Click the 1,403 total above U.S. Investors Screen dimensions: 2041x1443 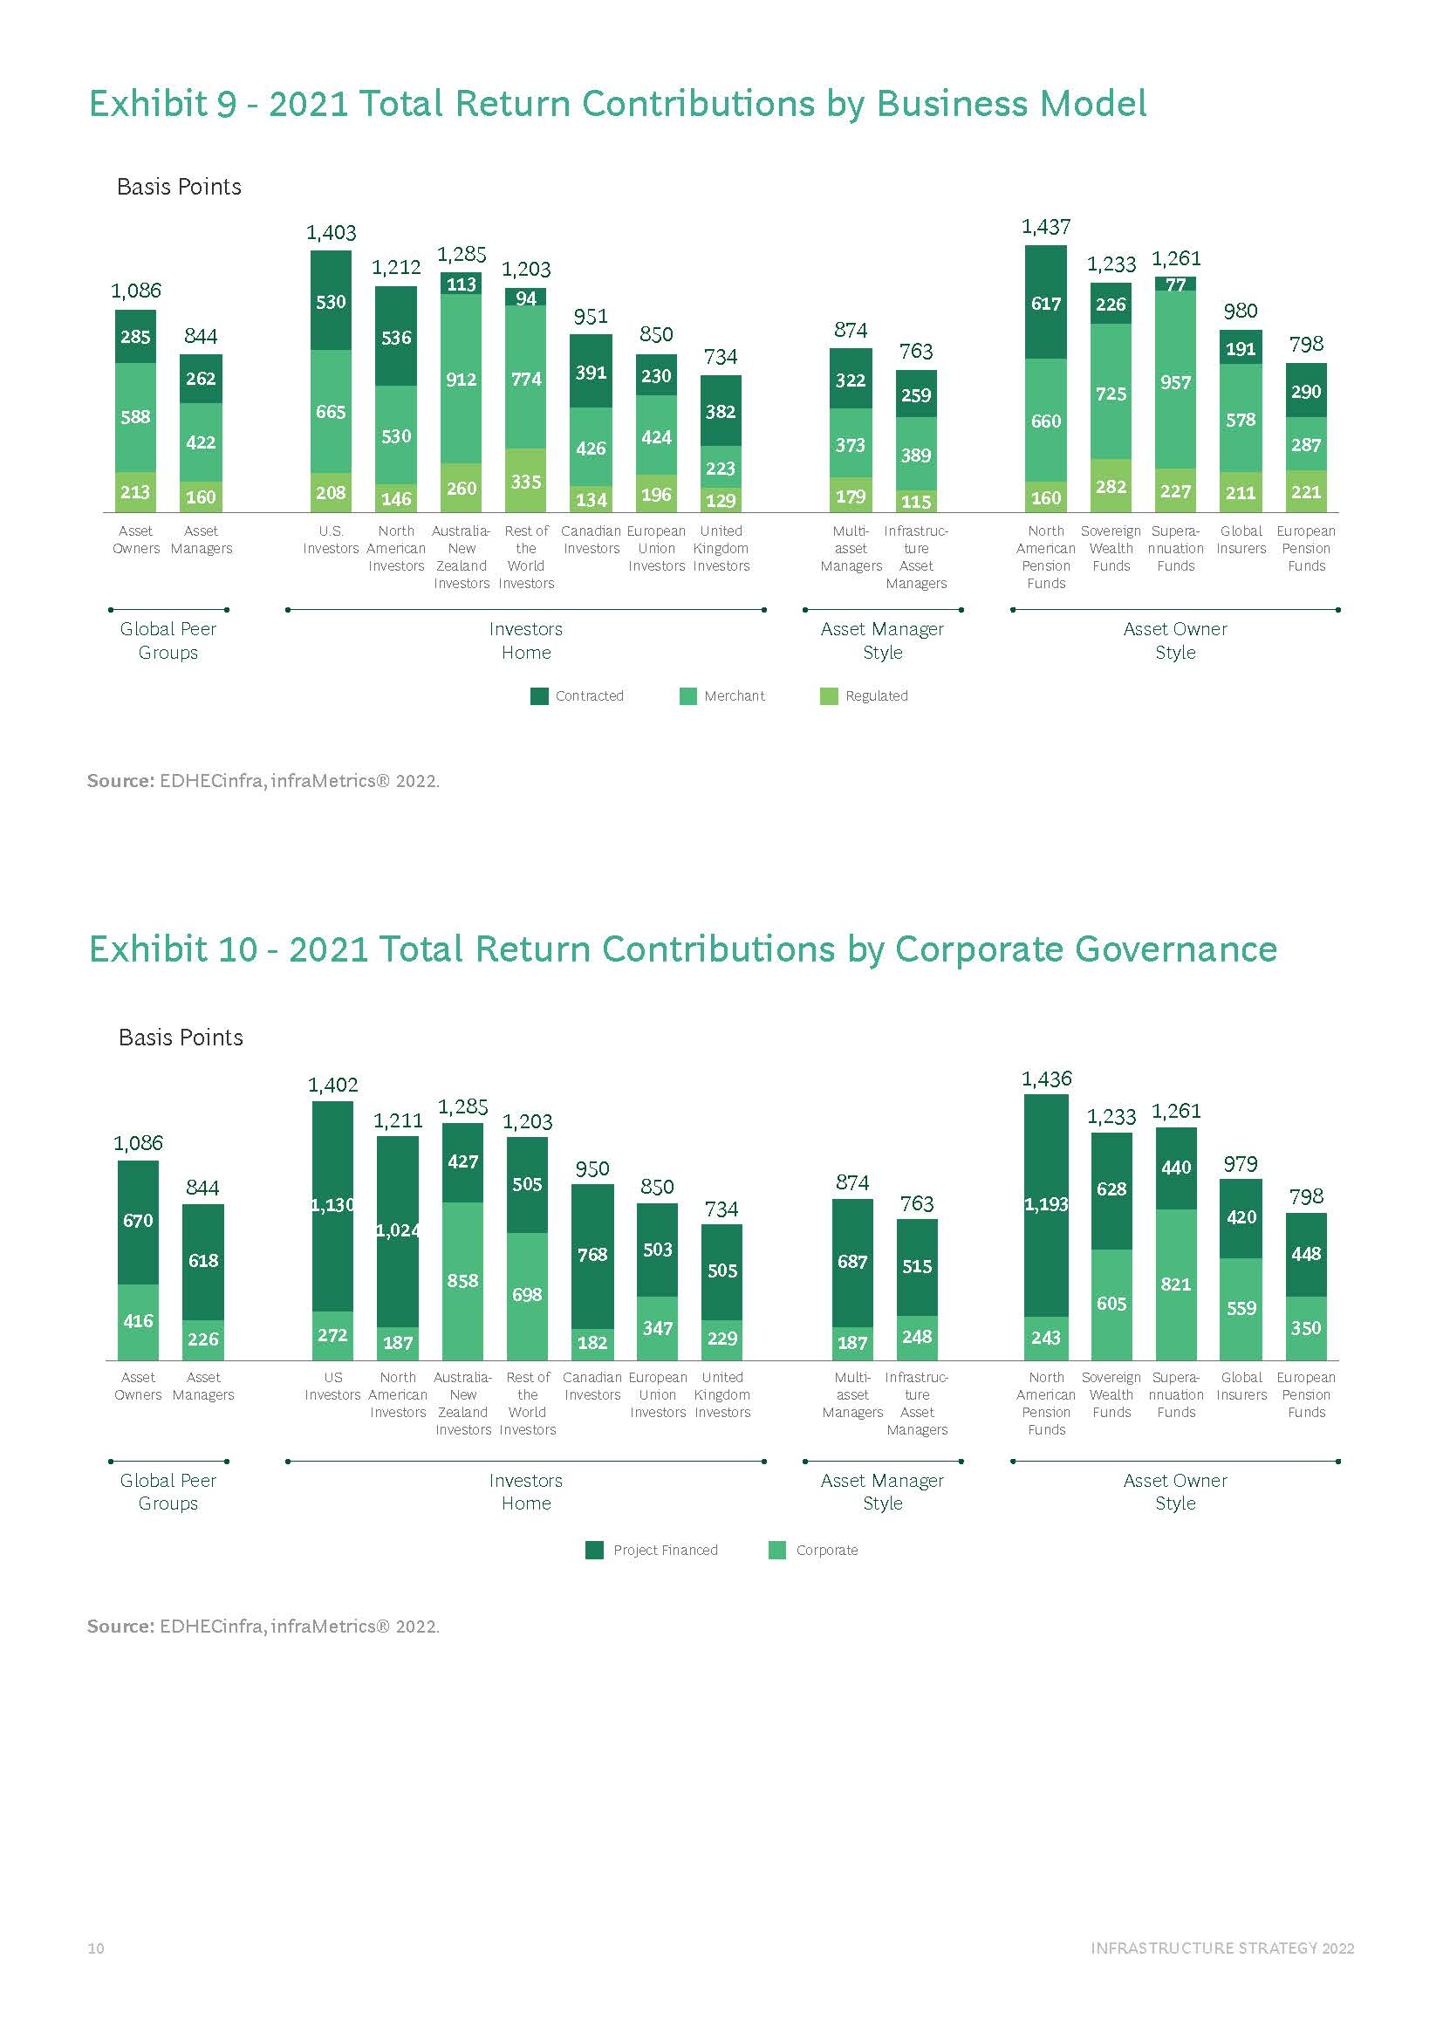(x=331, y=233)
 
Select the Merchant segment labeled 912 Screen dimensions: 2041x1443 (x=462, y=379)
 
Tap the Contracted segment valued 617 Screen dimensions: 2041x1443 (x=1046, y=303)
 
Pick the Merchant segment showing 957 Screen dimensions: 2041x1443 (x=1175, y=381)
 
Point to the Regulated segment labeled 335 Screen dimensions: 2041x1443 (x=526, y=481)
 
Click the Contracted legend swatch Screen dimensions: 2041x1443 (x=539, y=696)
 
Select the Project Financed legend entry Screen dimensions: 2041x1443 (x=653, y=1550)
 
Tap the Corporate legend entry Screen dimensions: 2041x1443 (x=814, y=1550)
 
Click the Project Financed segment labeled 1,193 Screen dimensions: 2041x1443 (x=1046, y=1204)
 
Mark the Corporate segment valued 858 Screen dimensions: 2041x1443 (x=463, y=1280)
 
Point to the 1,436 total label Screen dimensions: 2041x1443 (x=1047, y=1079)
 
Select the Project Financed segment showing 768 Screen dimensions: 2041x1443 (x=592, y=1254)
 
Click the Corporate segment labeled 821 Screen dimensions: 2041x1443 (x=1175, y=1284)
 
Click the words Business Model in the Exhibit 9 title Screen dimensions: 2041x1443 (x=1011, y=104)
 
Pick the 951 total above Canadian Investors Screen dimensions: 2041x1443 (x=591, y=318)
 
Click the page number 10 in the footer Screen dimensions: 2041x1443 (x=96, y=1948)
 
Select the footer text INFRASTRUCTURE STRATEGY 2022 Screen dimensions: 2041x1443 (x=1221, y=1948)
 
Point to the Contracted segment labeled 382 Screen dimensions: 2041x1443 (x=721, y=411)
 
